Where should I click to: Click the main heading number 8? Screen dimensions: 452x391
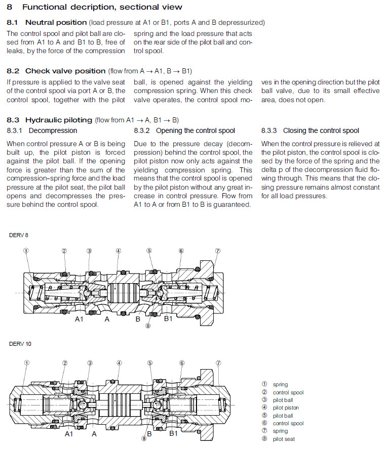coord(10,7)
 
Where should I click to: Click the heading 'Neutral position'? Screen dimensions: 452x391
coord(56,23)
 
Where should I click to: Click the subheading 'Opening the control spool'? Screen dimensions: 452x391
coord(195,131)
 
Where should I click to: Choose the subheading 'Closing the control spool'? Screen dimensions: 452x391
coord(321,131)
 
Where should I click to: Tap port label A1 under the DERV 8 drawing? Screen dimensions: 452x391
coord(80,320)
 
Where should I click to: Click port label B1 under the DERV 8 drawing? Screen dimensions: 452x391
coord(168,320)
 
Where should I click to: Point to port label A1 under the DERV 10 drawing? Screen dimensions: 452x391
coord(69,433)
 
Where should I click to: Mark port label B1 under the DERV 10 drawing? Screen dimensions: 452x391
coord(173,433)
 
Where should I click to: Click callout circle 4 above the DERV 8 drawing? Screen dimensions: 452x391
coord(118,250)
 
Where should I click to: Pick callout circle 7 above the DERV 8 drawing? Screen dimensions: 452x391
coord(218,250)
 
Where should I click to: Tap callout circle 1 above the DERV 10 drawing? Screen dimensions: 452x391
coord(27,363)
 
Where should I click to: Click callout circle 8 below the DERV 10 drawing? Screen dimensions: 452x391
coord(144,439)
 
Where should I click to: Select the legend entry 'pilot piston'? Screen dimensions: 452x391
coord(286,408)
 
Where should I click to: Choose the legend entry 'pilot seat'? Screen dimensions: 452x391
coord(284,439)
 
